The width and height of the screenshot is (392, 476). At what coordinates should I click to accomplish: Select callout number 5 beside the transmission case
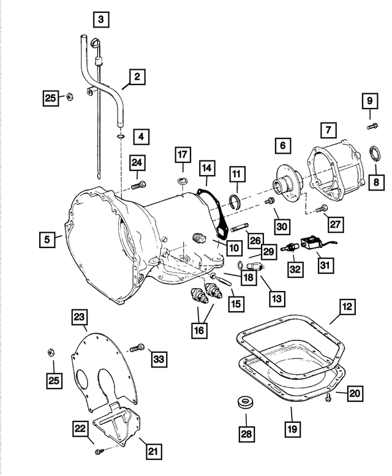click(x=47, y=240)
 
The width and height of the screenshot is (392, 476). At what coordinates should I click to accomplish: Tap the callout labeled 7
click(x=328, y=130)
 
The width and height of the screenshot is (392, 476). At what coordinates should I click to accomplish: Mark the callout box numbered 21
click(x=153, y=453)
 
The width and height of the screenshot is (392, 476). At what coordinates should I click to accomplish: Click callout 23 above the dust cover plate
click(x=80, y=317)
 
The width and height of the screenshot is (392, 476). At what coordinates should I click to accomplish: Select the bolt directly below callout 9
click(x=369, y=126)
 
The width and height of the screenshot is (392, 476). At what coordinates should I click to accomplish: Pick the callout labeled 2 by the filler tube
click(x=137, y=77)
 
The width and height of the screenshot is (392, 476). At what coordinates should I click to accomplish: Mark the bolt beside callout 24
click(x=140, y=184)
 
